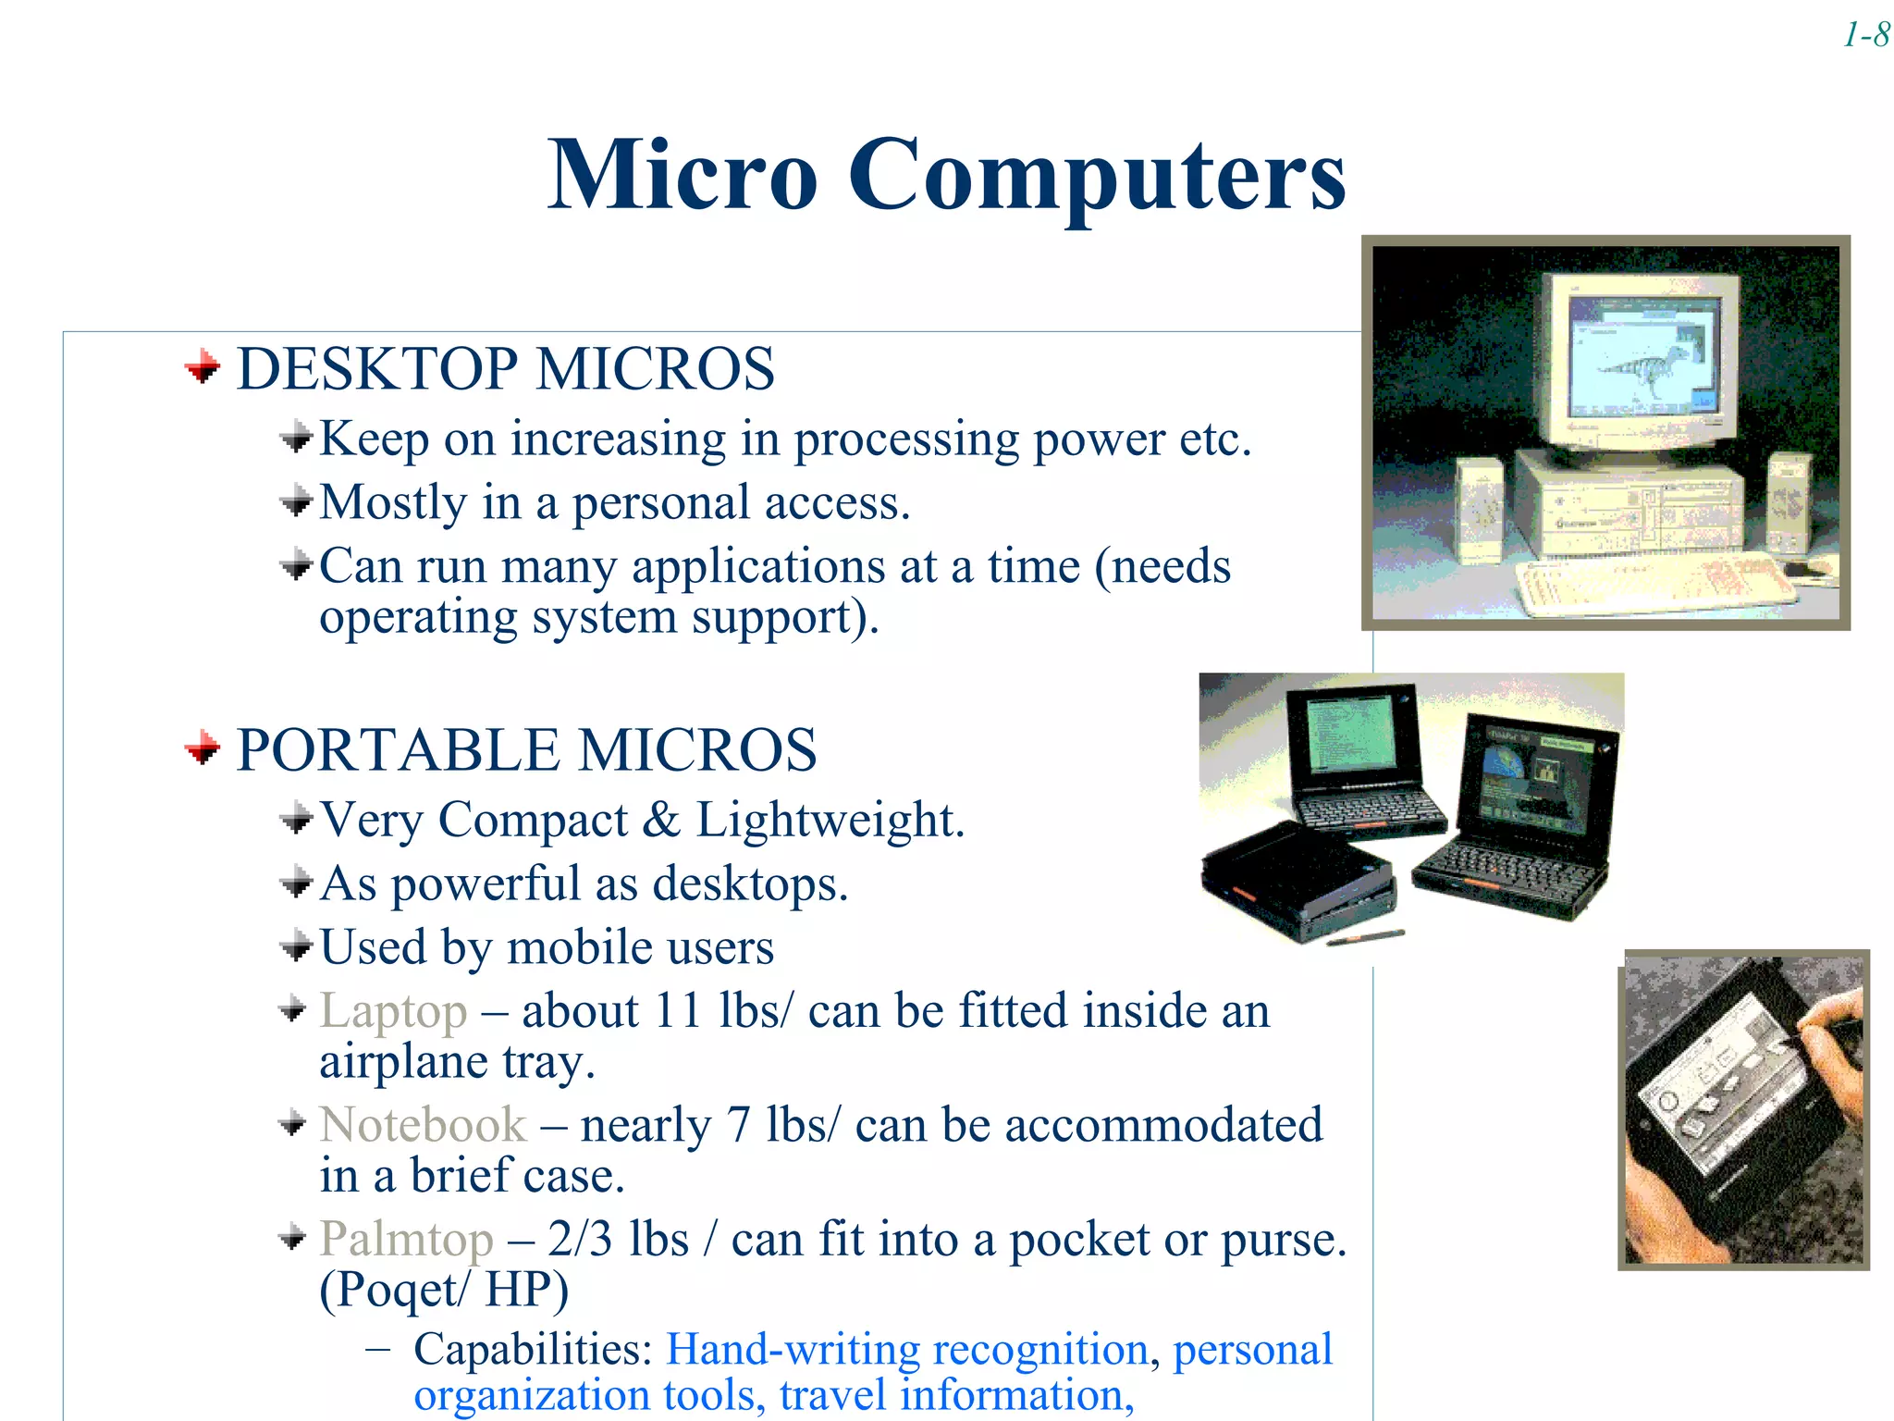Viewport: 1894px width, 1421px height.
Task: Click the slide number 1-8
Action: [x=1866, y=35]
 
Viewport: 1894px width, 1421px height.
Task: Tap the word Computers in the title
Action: [x=1096, y=176]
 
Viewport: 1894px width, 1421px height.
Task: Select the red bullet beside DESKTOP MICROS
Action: [x=203, y=368]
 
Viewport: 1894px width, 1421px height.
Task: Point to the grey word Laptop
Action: [x=393, y=1010]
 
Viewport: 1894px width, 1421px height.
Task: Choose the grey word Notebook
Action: [x=423, y=1125]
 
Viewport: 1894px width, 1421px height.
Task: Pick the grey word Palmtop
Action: [x=406, y=1239]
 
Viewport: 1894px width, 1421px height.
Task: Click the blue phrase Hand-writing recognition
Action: [x=906, y=1350]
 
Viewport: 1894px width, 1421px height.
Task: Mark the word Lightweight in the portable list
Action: [x=830, y=820]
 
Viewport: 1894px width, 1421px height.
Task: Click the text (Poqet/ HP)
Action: [x=444, y=1290]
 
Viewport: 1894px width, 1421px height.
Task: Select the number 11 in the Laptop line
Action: [x=677, y=1010]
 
